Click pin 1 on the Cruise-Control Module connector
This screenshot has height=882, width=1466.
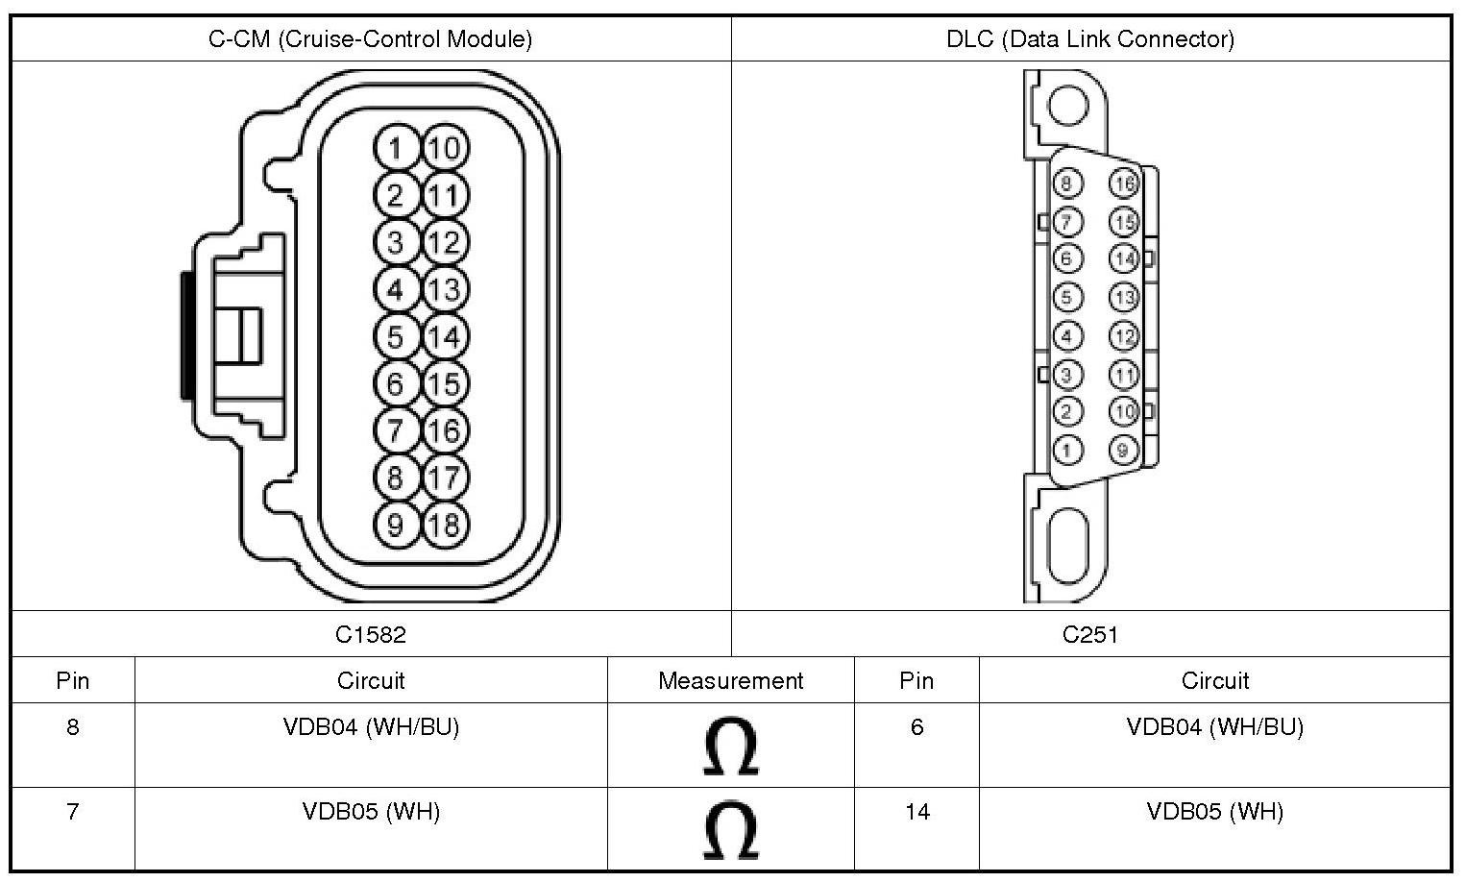click(396, 148)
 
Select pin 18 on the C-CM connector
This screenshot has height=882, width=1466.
click(446, 525)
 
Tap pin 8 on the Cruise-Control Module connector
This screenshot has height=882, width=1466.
click(396, 478)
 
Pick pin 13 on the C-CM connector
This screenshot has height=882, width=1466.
click(446, 289)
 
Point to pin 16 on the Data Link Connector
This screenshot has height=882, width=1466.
click(1124, 184)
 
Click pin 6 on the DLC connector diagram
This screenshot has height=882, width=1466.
click(1067, 259)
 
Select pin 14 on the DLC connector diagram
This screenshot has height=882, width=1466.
click(1124, 259)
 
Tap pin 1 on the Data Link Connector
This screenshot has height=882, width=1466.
click(1067, 451)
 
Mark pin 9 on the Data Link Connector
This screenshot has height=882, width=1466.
click(1124, 451)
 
